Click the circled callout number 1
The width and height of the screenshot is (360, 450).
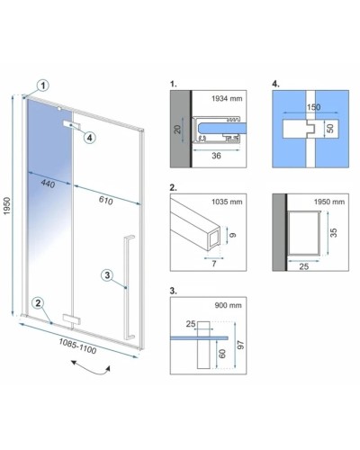[43, 85]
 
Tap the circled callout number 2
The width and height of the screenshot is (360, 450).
[38, 303]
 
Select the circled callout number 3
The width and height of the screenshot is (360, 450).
[107, 275]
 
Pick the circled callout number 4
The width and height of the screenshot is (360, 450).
[89, 138]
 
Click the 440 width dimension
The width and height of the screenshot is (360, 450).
[48, 184]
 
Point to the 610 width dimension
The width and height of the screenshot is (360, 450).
[105, 200]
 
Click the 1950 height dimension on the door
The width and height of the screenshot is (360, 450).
[6, 206]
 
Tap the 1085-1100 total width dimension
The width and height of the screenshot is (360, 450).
[77, 346]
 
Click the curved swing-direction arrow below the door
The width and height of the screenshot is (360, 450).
[91, 370]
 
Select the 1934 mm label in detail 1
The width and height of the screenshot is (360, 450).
[227, 98]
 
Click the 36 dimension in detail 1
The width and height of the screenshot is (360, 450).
[216, 156]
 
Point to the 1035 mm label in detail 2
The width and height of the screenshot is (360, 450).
[227, 202]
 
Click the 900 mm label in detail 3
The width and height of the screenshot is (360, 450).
[228, 305]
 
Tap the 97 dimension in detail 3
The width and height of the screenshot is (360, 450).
[240, 345]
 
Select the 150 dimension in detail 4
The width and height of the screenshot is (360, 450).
[313, 107]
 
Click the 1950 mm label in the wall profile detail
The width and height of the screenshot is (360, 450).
[329, 202]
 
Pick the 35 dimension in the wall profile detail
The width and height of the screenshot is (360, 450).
[333, 232]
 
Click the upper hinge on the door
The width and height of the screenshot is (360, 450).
[72, 125]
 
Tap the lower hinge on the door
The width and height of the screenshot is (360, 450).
[71, 319]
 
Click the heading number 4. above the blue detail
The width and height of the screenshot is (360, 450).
[275, 84]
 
